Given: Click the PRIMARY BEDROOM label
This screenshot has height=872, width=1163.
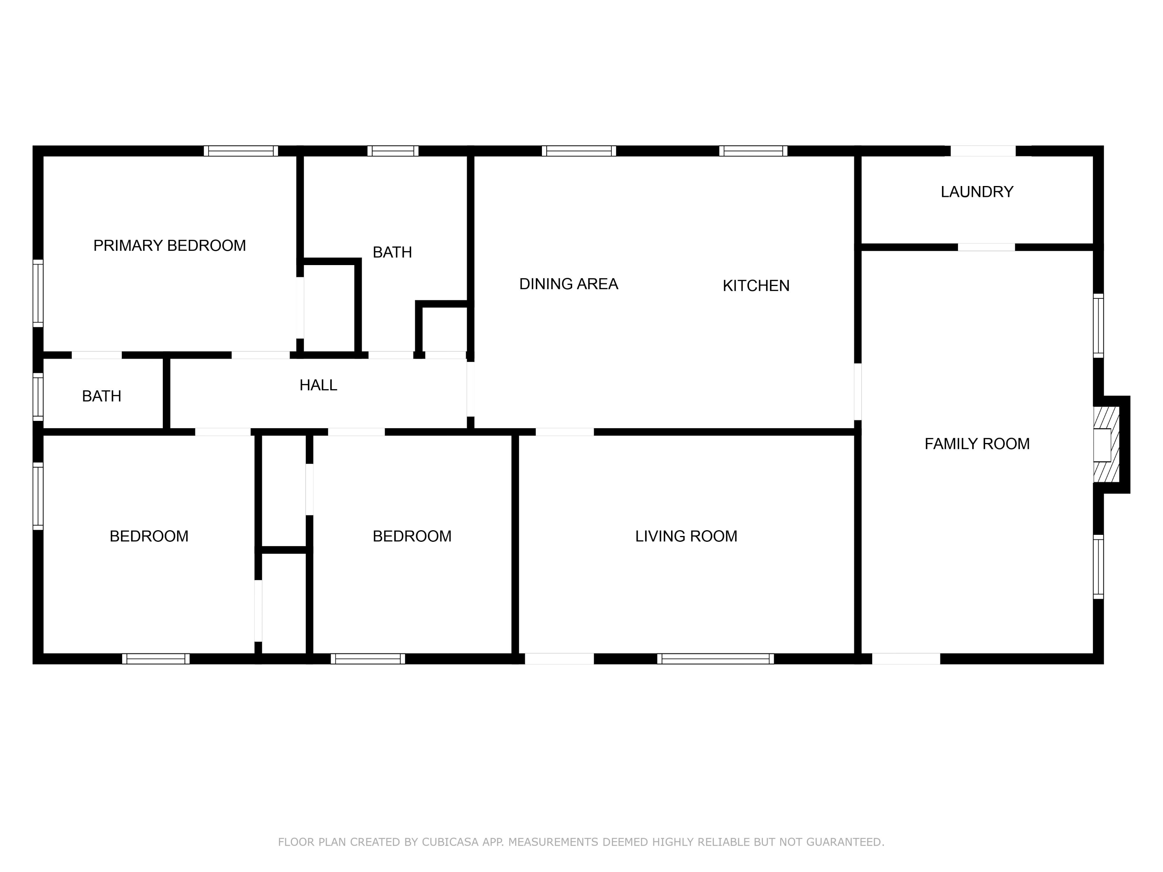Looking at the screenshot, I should click(169, 245).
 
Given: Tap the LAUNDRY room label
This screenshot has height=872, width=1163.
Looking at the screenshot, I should click(977, 192).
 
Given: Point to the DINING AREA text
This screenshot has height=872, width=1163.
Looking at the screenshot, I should click(568, 284).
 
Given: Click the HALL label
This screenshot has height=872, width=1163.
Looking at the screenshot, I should click(318, 385).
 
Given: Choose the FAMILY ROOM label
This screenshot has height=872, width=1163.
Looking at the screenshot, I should click(977, 444).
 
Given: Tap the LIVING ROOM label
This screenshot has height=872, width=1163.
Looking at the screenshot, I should click(686, 536).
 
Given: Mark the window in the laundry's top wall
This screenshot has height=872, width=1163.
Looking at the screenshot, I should click(983, 151).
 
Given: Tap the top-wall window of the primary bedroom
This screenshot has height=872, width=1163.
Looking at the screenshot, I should click(241, 151).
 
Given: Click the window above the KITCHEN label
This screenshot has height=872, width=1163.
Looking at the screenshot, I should click(753, 151).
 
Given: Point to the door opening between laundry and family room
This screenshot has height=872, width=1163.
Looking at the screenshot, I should click(986, 247).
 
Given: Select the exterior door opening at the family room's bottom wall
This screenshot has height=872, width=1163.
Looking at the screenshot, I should click(906, 658).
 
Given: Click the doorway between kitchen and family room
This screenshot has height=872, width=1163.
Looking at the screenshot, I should click(858, 391).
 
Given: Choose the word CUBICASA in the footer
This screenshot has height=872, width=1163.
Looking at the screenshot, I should click(450, 842).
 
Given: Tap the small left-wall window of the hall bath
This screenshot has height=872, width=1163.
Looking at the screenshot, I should click(38, 397).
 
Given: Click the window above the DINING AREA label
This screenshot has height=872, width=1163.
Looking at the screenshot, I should click(578, 151).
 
